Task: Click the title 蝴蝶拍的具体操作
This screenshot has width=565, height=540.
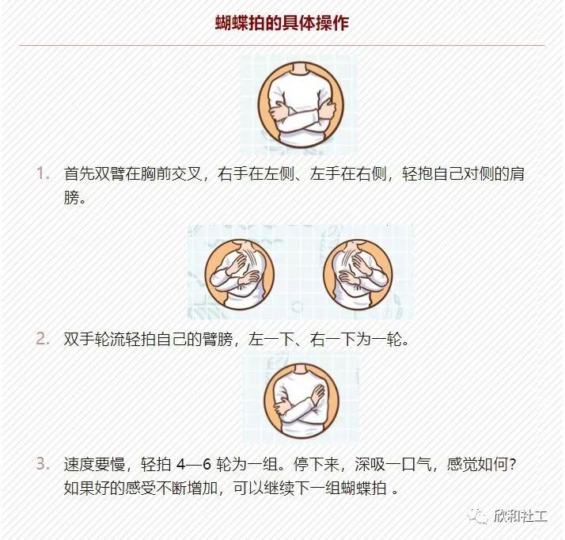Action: click(x=282, y=23)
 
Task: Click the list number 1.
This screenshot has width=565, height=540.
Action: click(x=42, y=173)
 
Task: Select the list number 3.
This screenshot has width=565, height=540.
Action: click(x=42, y=463)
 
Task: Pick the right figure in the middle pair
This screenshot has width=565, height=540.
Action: click(x=358, y=272)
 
